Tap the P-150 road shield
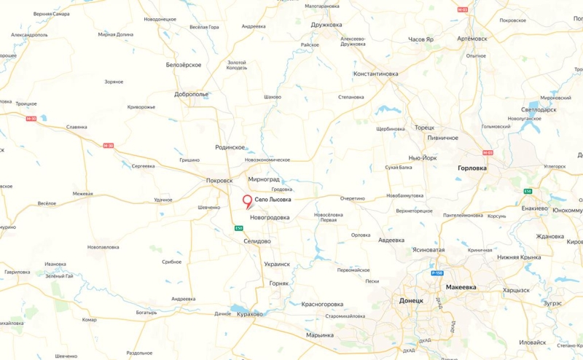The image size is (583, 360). (437, 273)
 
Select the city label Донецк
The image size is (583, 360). (411, 300)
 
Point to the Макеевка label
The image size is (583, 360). (461, 287)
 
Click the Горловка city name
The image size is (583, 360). (472, 168)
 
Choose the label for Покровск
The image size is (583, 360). (219, 180)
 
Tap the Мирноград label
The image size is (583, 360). (264, 179)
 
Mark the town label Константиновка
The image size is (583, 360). (375, 74)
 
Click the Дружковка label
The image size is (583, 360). (326, 24)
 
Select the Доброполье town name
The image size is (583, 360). (192, 94)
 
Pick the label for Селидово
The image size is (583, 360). (257, 240)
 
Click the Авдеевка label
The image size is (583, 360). (391, 240)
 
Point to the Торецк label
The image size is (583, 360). (424, 128)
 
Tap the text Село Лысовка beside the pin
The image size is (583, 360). (273, 199)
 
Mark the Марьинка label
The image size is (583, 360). (320, 334)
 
